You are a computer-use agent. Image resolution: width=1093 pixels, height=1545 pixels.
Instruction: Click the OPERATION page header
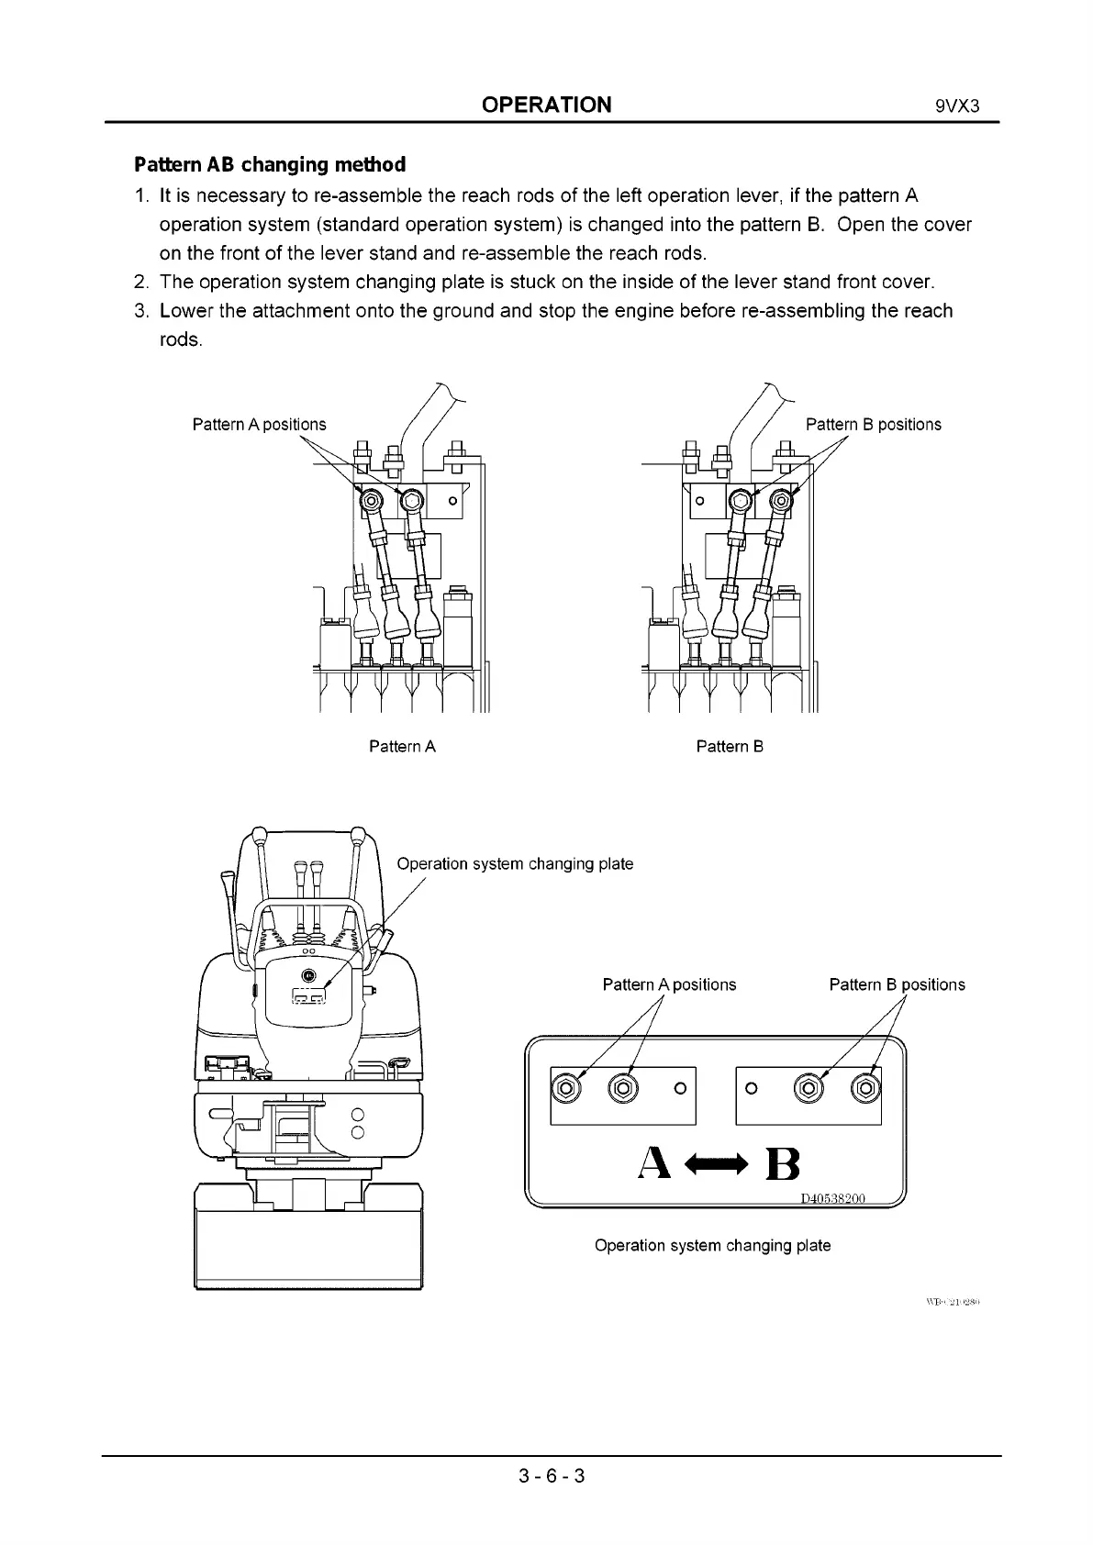pos(546,104)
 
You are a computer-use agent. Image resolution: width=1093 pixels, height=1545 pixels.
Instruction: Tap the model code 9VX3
pos(958,105)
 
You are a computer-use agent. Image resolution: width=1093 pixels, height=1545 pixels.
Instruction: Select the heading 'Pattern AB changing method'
pos(270,165)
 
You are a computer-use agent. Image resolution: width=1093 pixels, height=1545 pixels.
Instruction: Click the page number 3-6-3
pos(551,1476)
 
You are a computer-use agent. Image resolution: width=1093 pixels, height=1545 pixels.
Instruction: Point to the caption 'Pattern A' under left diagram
pos(402,747)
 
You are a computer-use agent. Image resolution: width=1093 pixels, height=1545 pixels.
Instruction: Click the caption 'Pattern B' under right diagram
pos(730,747)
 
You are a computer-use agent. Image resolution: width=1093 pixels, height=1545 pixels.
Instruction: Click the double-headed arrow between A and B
pos(719,1164)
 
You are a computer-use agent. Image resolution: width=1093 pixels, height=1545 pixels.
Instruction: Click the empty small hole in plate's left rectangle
pos(680,1089)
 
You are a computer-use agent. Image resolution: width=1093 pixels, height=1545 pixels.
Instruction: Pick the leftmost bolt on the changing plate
pos(565,1089)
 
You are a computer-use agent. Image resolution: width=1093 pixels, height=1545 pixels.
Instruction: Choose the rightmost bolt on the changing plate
pos(865,1089)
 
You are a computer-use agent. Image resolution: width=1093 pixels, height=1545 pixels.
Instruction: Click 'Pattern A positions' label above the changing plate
pos(669,984)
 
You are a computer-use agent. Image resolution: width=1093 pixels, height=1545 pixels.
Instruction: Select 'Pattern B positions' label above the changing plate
pos(897,984)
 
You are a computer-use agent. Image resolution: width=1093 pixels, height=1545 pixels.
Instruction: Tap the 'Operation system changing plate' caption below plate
pos(712,1246)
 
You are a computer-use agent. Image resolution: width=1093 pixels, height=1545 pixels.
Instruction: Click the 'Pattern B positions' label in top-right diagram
pos(873,425)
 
